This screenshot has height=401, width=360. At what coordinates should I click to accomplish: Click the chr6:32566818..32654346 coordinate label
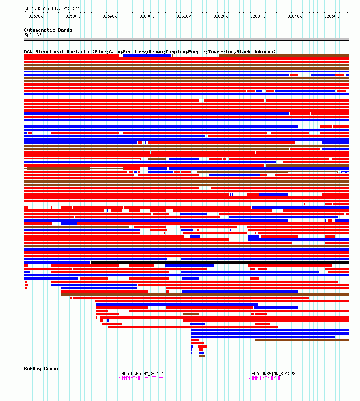pos(52,8)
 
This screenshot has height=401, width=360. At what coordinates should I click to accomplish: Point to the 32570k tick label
pos(36,17)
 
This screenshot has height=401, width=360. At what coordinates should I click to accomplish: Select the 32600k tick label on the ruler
pos(146,17)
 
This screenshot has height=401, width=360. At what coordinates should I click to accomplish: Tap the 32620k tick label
pos(220,17)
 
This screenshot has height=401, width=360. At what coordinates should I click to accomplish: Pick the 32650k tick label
pos(331,17)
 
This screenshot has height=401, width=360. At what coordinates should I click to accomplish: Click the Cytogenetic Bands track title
pos(48,30)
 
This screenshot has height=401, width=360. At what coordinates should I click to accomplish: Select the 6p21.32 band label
pos(33,35)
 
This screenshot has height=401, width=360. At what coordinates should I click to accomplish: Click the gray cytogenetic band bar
pos(186,39)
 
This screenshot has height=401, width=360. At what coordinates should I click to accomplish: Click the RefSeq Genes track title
pos(41,369)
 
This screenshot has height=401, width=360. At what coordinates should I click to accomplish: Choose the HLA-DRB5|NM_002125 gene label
pos(143,374)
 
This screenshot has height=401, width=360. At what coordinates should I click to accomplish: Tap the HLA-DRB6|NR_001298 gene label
pos(273,374)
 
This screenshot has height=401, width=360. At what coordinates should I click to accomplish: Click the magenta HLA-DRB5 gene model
pos(144,378)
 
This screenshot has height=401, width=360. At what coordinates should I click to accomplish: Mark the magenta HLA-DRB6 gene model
pos(264,378)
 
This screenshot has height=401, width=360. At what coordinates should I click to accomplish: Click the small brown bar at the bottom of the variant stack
pos(201,356)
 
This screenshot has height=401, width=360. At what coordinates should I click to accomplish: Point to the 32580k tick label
pos(72,17)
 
